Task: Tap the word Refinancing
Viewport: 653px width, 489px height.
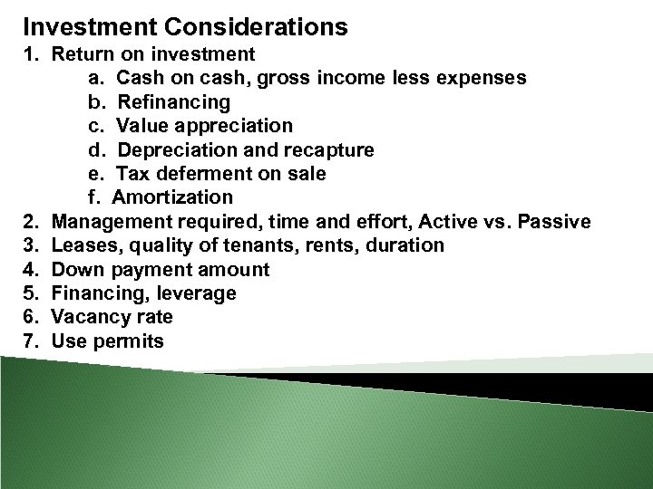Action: coord(174,101)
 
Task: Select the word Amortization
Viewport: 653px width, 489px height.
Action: coord(172,197)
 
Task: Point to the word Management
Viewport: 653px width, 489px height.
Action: coord(111,222)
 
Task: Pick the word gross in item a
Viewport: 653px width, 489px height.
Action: coord(285,78)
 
